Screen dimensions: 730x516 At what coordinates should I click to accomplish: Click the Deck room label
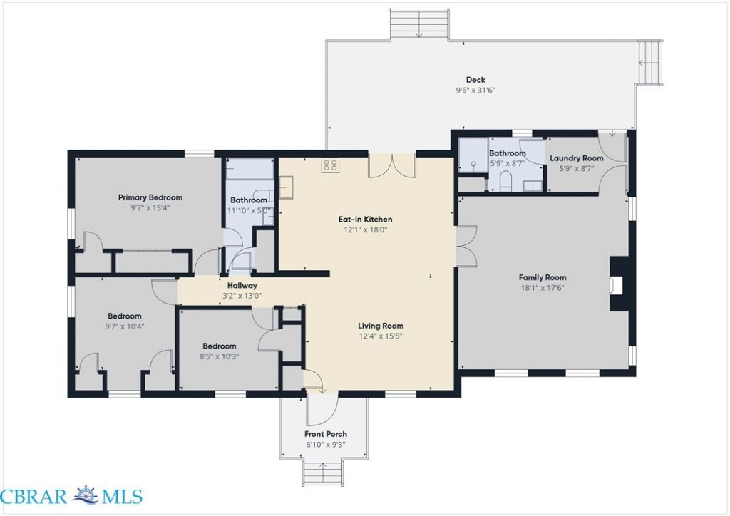(475, 80)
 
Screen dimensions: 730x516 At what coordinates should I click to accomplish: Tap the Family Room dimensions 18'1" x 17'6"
(543, 288)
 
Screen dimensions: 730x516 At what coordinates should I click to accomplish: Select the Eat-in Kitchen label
(365, 219)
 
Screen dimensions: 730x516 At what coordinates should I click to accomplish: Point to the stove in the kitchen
(330, 165)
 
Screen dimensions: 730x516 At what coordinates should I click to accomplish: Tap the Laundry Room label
(576, 158)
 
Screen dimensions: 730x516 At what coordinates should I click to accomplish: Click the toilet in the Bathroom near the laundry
(505, 181)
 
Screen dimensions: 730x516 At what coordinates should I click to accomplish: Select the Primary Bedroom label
(150, 197)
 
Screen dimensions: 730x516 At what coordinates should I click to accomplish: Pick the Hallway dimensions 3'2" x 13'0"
(242, 296)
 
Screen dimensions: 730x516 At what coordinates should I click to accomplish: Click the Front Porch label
(326, 434)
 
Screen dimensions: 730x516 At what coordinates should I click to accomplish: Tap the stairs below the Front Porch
(324, 473)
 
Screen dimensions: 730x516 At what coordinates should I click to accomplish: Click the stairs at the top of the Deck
(419, 24)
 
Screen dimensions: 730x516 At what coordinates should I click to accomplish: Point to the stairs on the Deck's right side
(650, 63)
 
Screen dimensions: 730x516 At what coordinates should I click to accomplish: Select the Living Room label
(381, 326)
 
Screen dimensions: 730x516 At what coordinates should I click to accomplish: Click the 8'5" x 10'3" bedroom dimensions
(220, 357)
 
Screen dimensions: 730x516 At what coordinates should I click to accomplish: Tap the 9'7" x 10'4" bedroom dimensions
(124, 326)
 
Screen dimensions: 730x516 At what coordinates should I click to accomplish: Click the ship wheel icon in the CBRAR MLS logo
(85, 495)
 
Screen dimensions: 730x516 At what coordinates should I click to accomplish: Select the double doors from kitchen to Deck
(392, 165)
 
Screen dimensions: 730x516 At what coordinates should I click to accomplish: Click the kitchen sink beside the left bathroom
(285, 187)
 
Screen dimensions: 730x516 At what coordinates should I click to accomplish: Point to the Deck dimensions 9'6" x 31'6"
(475, 91)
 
